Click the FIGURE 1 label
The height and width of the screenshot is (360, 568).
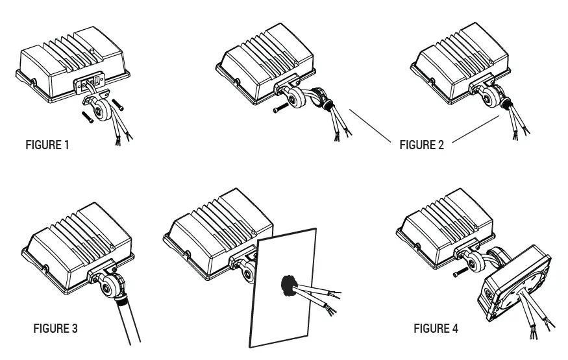pos(47,145)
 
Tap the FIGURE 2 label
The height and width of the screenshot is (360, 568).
pos(421,145)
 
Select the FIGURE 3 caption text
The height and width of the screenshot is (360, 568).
pos(55,328)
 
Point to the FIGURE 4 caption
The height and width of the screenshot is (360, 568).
pos(436,328)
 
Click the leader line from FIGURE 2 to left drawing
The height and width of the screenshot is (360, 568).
pos(370,125)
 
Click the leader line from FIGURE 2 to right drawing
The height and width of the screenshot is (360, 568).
pos(475,128)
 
